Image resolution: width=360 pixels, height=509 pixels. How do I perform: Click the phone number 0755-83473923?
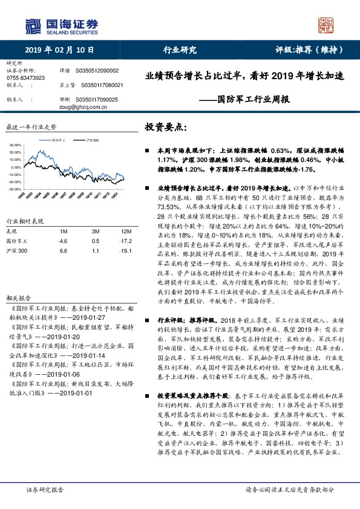25,78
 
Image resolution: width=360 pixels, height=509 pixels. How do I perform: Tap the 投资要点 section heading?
166,128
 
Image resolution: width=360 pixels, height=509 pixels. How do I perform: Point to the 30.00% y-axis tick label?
15,146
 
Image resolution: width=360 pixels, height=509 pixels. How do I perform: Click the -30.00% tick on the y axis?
15,189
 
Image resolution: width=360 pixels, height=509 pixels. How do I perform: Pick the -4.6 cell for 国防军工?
61,240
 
